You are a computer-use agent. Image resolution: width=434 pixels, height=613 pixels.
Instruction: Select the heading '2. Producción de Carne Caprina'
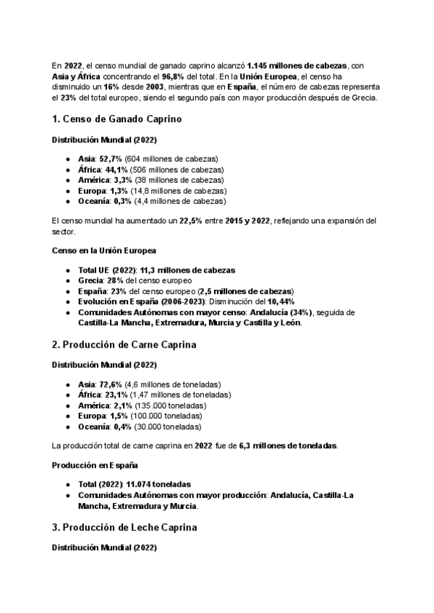pos(124,345)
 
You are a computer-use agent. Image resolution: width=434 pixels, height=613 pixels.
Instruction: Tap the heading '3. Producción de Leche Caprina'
pos(124,528)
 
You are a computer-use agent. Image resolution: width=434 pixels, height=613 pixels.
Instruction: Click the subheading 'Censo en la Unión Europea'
pos(104,251)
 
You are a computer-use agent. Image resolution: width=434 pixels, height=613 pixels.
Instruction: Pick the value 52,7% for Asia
pos(111,159)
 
